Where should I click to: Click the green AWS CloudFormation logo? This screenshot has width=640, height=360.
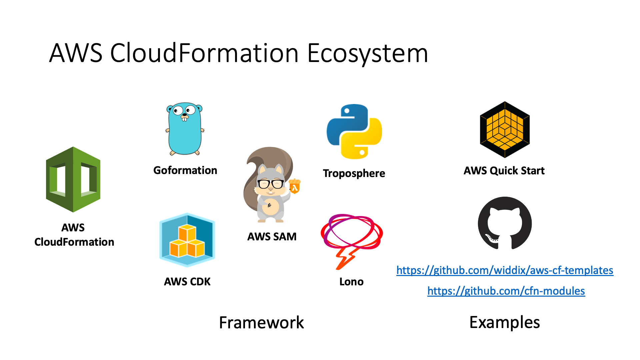coord(73,179)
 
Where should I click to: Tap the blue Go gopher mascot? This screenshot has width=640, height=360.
coord(185,129)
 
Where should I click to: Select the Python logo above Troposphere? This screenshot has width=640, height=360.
coord(354,131)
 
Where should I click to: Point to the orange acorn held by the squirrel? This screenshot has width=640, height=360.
coord(295,187)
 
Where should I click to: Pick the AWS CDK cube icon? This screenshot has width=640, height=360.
coord(187,240)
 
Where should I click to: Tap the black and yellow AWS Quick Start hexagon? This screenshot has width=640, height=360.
coord(505,129)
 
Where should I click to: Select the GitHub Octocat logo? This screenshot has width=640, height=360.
coord(505,223)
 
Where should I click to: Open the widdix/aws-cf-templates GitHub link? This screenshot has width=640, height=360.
coord(505,270)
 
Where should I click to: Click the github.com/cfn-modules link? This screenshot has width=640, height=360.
coord(506,291)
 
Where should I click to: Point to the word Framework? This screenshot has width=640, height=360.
coord(261,322)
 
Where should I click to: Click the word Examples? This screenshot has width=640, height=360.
coord(505,322)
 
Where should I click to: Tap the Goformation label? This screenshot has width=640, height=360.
coord(185,170)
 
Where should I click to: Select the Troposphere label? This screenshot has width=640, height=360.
coord(354,173)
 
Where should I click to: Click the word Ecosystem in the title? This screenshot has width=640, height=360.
coord(367,53)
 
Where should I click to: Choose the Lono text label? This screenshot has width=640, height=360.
coord(351,282)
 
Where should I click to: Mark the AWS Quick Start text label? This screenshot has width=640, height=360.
coord(504,171)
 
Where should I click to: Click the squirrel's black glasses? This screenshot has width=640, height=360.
coord(271,184)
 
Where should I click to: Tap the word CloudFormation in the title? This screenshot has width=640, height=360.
coord(204,53)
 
